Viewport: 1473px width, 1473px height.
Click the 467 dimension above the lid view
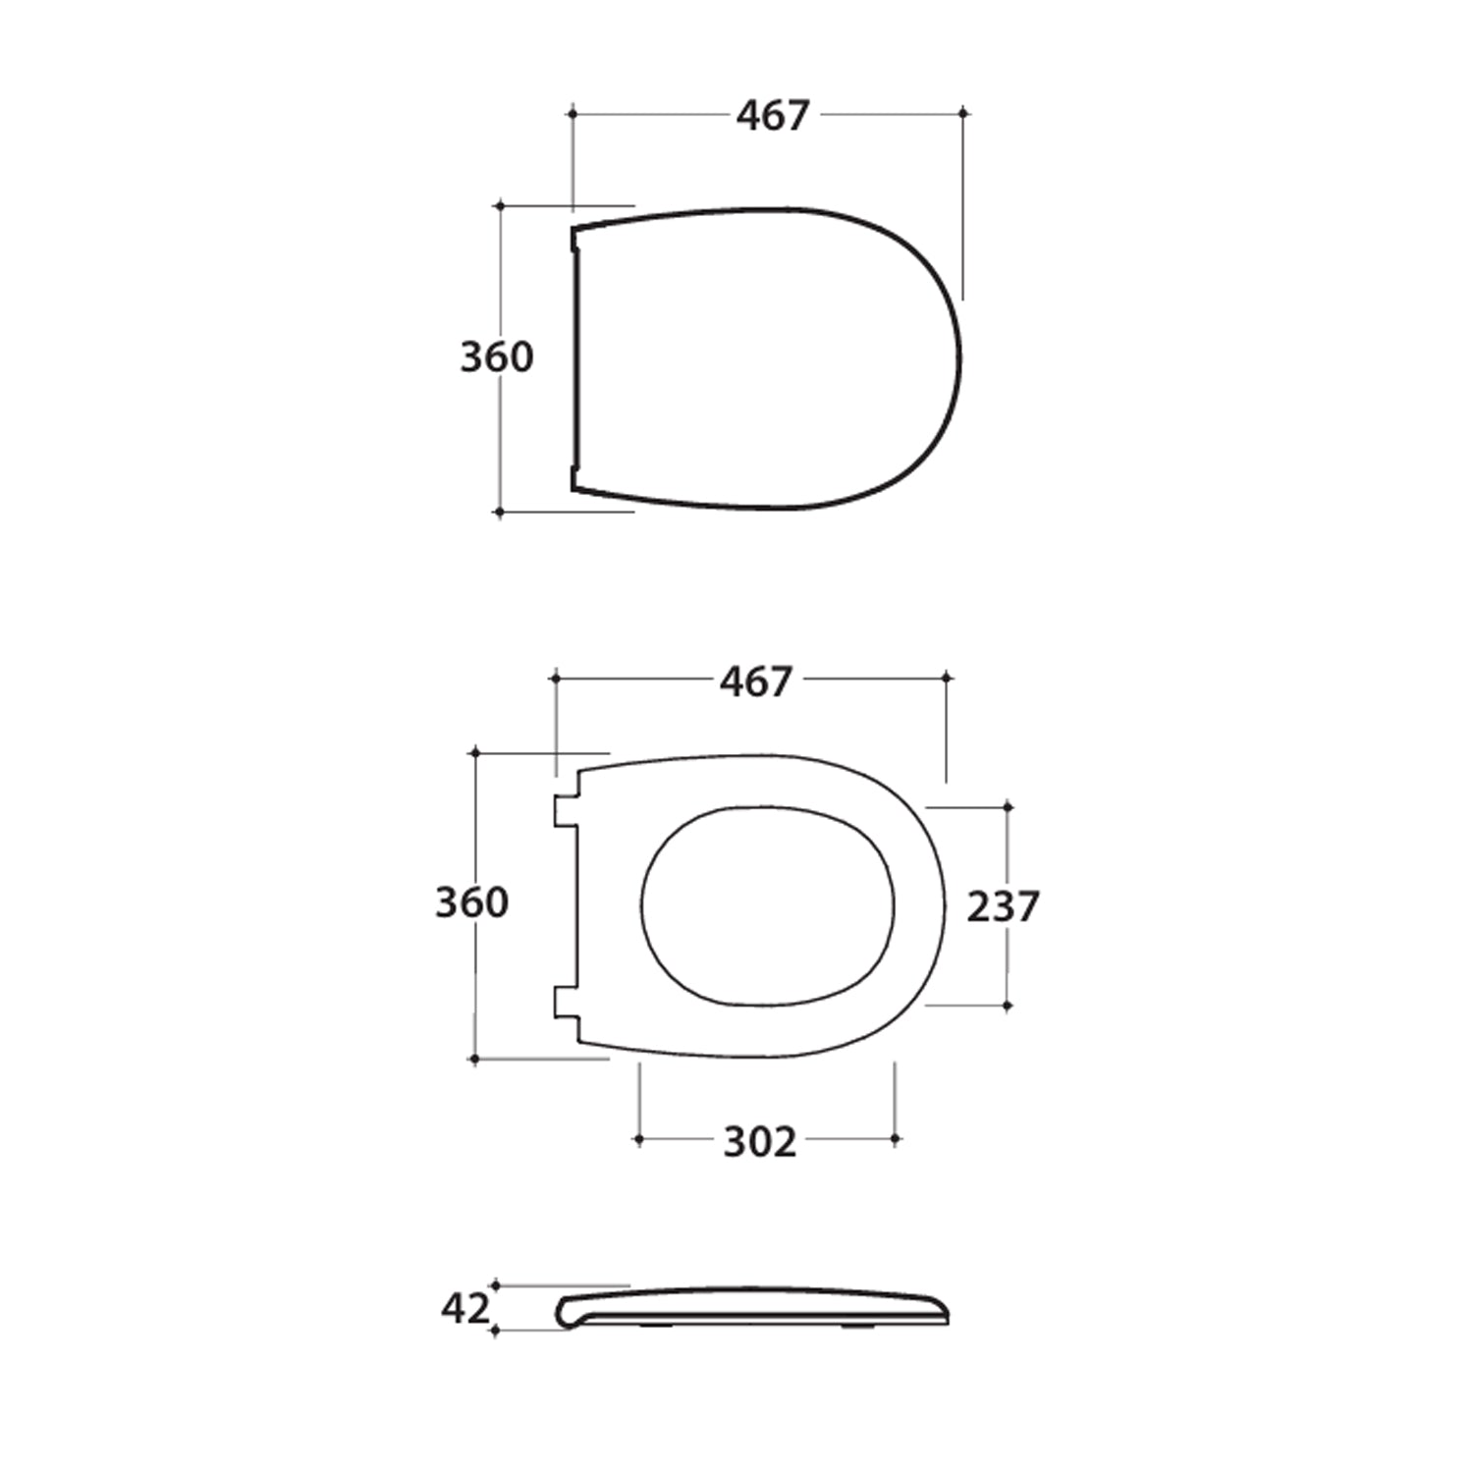point(773,116)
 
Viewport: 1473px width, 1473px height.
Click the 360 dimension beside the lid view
point(497,357)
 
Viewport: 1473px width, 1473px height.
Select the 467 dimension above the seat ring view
point(755,682)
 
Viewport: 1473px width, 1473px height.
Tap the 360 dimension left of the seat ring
point(471,902)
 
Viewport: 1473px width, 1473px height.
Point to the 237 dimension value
point(1003,906)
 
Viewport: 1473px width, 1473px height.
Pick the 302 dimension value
point(759,1142)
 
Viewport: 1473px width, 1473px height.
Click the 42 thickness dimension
point(464,1308)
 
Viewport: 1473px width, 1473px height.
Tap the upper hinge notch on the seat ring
point(564,810)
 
